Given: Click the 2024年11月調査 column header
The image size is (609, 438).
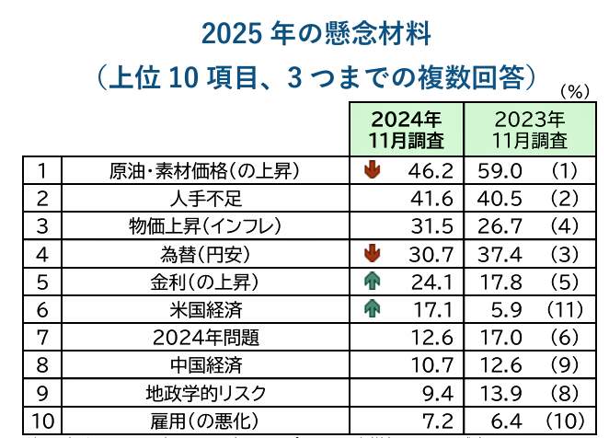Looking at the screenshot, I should tap(406, 130).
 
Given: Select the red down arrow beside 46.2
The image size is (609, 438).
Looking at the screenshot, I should tap(373, 170).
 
